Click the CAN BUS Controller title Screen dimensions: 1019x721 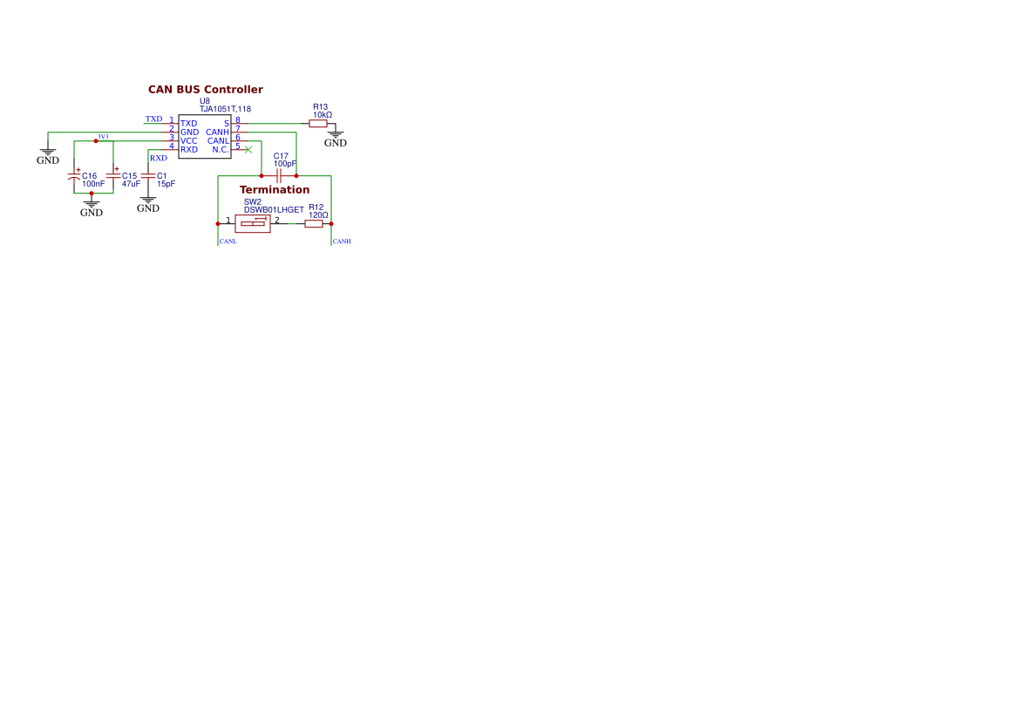point(206,90)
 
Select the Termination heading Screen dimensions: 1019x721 point(275,190)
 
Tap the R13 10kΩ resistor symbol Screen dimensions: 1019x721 point(318,124)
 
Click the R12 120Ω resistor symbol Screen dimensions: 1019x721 point(314,224)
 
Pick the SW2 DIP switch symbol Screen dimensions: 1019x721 point(253,224)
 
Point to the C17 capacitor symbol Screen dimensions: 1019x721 point(279,176)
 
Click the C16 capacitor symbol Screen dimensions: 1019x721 point(74,176)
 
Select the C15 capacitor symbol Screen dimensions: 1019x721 point(113,175)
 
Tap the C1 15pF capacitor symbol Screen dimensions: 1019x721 point(148,176)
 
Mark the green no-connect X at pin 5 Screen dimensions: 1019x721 point(248,150)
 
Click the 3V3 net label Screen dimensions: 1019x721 point(104,137)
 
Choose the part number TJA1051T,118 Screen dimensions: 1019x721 point(225,109)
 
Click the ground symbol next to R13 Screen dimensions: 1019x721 point(336,134)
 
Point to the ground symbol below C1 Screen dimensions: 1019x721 point(148,201)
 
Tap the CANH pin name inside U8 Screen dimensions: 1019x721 point(218,133)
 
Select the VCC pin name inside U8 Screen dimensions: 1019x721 point(189,141)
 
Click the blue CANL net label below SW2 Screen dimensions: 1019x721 point(228,241)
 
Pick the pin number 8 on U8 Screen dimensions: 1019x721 point(238,119)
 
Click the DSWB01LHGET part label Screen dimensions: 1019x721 point(274,210)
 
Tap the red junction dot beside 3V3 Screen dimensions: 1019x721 point(96,141)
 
